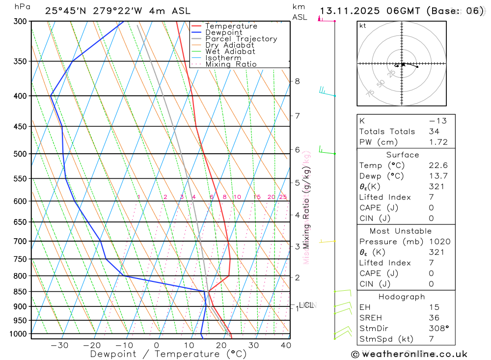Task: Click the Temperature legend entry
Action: coord(231,26)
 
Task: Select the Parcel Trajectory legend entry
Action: coord(241,39)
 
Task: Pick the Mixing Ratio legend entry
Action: coord(231,64)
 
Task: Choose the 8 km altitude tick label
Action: coord(297,81)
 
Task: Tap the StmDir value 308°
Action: coord(438,329)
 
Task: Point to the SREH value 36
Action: coord(434,318)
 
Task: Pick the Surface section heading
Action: coord(403,155)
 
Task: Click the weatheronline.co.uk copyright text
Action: coord(409,354)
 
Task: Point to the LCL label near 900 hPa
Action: coord(307,305)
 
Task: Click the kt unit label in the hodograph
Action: coord(363,26)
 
